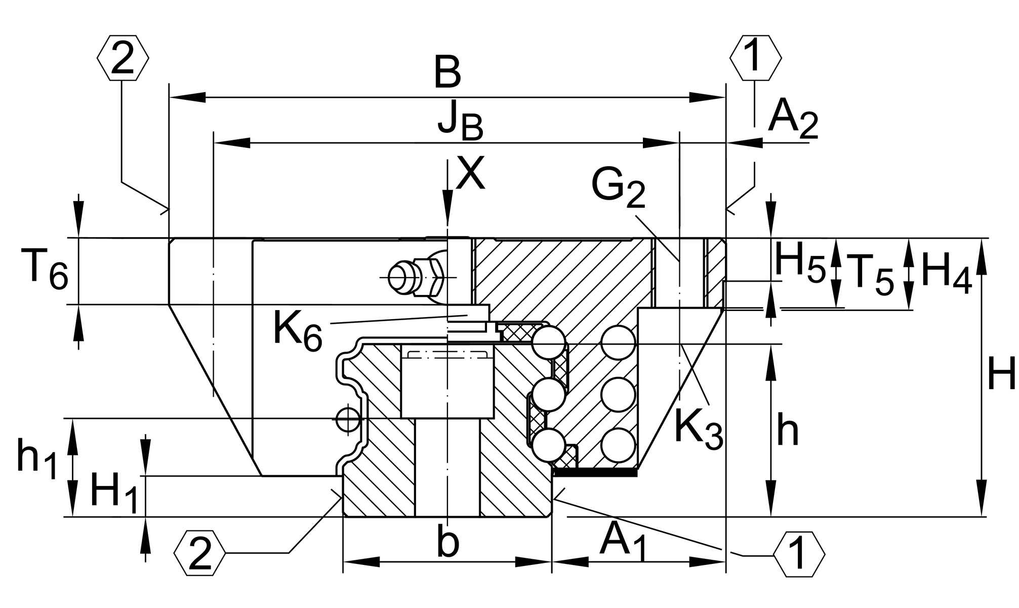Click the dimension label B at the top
[447, 73]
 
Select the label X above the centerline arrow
[470, 173]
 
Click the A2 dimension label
[793, 122]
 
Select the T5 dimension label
[870, 277]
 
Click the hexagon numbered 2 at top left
[123, 58]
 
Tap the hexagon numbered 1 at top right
[755, 58]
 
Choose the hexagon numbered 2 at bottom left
[200, 553]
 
